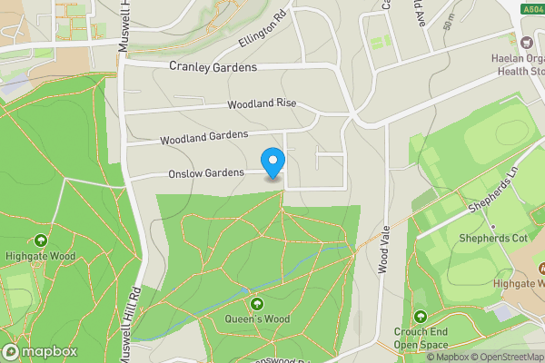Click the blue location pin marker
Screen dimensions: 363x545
272,162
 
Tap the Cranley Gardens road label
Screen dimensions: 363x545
213,67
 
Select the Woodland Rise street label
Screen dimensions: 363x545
263,105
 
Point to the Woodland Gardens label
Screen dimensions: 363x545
203,138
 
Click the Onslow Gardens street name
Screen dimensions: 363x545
205,172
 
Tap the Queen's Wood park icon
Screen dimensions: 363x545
257,303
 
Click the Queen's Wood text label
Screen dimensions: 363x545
257,319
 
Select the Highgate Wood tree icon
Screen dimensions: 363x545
41,241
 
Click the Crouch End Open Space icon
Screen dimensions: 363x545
420,316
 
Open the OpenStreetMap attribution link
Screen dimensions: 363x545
509,357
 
